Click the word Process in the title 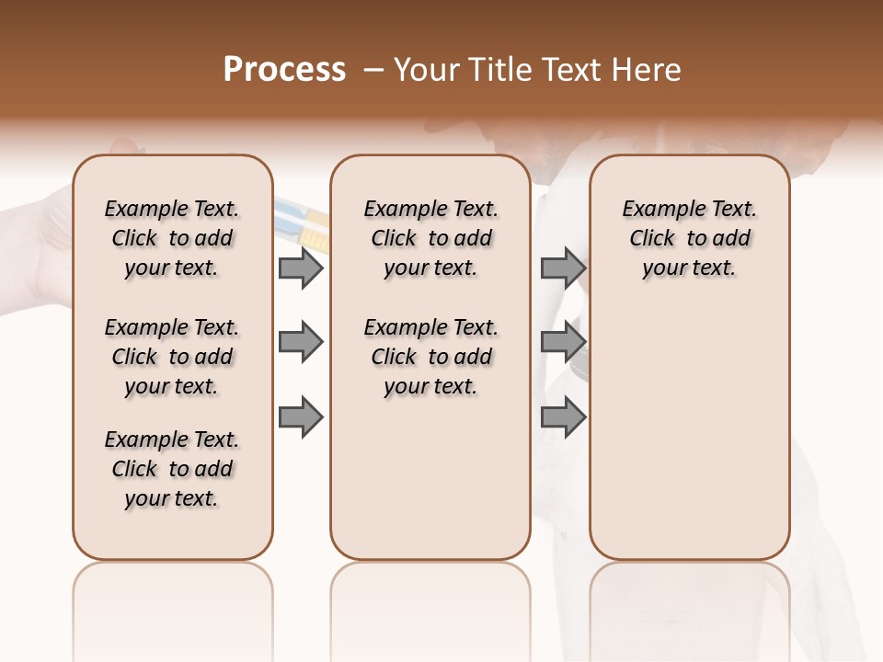pos(284,70)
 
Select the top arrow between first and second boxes pos(301,268)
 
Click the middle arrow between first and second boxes pos(301,343)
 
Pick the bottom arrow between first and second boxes pos(301,417)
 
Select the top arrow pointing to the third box pos(563,268)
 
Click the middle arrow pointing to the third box pos(563,343)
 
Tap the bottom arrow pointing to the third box pos(563,417)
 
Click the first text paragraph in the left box pos(172,238)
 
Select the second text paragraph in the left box pos(172,357)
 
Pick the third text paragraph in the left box pos(172,469)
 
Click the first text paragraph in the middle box pos(431,238)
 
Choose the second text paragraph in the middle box pos(431,357)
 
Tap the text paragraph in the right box pos(690,238)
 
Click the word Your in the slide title pos(426,70)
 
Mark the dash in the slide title pos(373,70)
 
